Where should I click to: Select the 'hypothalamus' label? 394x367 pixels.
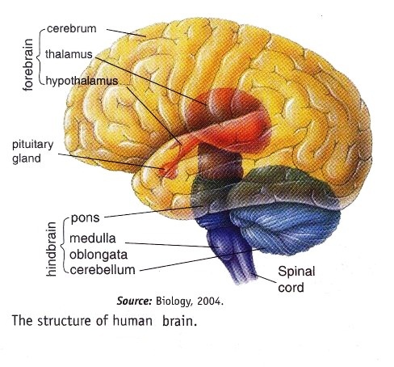(82, 81)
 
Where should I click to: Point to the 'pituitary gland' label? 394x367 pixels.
(30, 150)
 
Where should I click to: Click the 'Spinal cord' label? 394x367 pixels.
(296, 280)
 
